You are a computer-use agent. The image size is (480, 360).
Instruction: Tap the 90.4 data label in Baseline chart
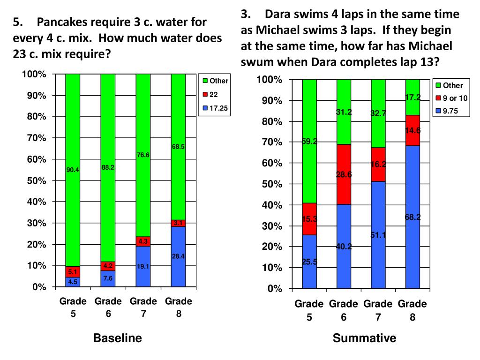coord(73,170)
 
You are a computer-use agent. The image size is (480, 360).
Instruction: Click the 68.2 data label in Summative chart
coord(413,217)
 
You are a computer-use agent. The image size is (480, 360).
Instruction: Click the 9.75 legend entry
coord(450,112)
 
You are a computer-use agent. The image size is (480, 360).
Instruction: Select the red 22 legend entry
coord(213,94)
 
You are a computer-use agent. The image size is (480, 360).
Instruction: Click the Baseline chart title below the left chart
coord(118,338)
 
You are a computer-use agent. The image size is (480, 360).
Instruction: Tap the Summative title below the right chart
coord(365,338)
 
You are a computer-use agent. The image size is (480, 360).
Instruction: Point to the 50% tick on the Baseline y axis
coord(36,180)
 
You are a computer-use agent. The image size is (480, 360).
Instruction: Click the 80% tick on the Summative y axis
coord(272,121)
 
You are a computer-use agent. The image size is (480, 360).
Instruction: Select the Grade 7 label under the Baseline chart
coord(143,307)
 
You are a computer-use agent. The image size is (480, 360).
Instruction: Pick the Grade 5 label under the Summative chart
coord(309,310)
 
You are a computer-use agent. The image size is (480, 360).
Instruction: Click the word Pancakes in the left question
coord(61,22)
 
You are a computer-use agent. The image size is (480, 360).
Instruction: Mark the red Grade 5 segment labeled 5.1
coord(73,272)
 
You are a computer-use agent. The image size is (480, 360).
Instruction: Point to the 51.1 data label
coord(378,235)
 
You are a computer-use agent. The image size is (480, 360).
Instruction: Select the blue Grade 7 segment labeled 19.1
coord(143,266)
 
